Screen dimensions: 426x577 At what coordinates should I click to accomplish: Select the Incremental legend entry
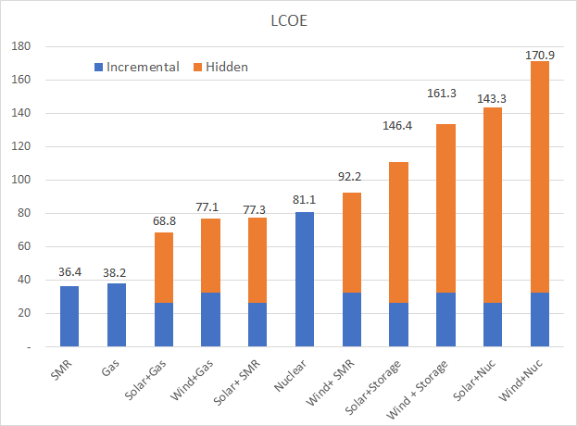point(135,67)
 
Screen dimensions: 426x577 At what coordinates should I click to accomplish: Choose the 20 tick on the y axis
point(24,313)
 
